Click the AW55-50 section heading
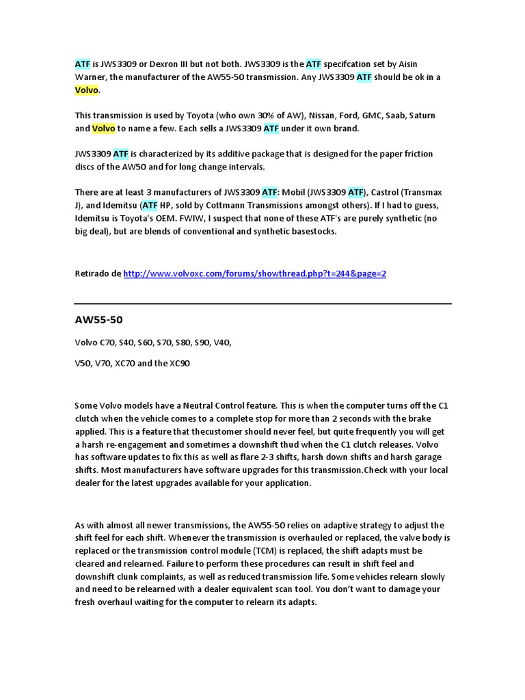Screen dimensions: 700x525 point(98,321)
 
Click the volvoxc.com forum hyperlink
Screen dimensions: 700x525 point(255,273)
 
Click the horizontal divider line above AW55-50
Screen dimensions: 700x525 point(262,304)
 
